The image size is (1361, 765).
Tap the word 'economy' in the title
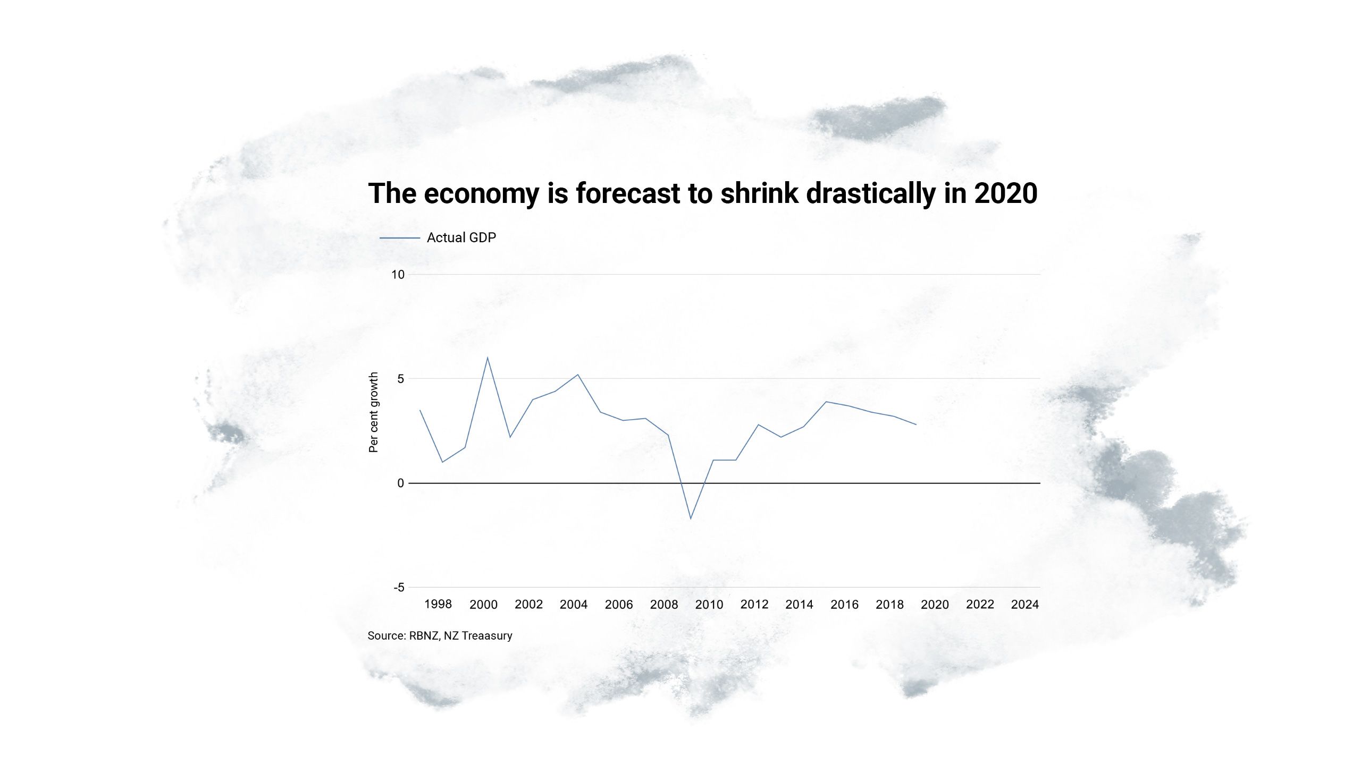click(481, 193)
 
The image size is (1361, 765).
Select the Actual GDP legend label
click(461, 237)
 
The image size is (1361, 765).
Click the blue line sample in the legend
click(399, 238)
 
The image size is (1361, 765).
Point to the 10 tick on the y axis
click(398, 275)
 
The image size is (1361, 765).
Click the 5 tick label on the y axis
click(400, 379)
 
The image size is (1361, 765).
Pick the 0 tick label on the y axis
click(400, 483)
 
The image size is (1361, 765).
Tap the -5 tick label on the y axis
click(399, 587)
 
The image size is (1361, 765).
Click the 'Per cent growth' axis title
click(374, 412)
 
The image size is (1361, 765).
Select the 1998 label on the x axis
click(438, 604)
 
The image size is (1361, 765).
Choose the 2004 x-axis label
click(574, 604)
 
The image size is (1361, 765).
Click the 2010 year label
click(709, 604)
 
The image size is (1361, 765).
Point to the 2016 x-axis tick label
click(844, 604)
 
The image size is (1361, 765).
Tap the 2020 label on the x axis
click(935, 604)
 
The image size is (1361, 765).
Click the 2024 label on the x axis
click(1024, 604)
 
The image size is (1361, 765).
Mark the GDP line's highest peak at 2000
click(488, 358)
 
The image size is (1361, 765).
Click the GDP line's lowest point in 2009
click(691, 518)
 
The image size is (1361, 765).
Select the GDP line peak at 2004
click(578, 375)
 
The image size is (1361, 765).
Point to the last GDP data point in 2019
click(916, 424)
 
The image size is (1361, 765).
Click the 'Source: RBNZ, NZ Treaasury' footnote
click(440, 635)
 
